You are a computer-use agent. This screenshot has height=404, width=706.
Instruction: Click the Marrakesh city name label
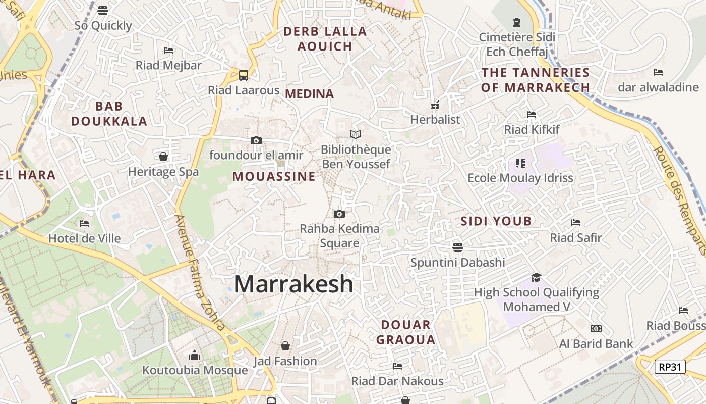tap(293, 284)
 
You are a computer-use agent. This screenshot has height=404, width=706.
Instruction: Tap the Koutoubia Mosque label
tap(195, 370)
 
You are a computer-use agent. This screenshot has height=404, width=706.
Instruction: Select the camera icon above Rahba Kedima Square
tap(339, 214)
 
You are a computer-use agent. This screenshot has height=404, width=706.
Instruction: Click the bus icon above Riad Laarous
tap(244, 75)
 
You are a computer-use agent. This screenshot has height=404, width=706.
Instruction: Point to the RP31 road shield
tap(670, 367)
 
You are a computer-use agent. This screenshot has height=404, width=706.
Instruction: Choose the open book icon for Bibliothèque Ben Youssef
tap(356, 134)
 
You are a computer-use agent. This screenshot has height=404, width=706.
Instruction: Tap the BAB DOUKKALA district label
tap(109, 114)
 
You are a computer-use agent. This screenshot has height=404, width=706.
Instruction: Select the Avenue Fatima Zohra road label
tap(200, 273)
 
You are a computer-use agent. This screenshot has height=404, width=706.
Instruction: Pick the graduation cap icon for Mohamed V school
tap(536, 278)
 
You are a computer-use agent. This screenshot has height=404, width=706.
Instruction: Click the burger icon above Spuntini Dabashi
tap(457, 247)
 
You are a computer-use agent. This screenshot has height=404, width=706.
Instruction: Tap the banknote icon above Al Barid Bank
tap(596, 329)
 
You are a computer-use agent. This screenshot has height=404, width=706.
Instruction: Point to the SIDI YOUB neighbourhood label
tap(496, 221)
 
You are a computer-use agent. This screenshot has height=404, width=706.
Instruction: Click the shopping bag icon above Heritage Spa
tap(163, 157)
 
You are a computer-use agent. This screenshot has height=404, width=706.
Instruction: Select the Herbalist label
tap(435, 120)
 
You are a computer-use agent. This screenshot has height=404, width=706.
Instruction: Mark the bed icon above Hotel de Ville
tap(84, 223)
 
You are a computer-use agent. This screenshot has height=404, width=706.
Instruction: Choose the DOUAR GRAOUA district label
tap(405, 332)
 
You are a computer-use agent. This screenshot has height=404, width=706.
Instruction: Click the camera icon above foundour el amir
tap(256, 140)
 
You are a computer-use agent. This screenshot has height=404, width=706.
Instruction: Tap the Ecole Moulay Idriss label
tap(520, 178)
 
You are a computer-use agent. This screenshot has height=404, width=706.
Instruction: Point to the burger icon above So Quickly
tap(103, 11)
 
